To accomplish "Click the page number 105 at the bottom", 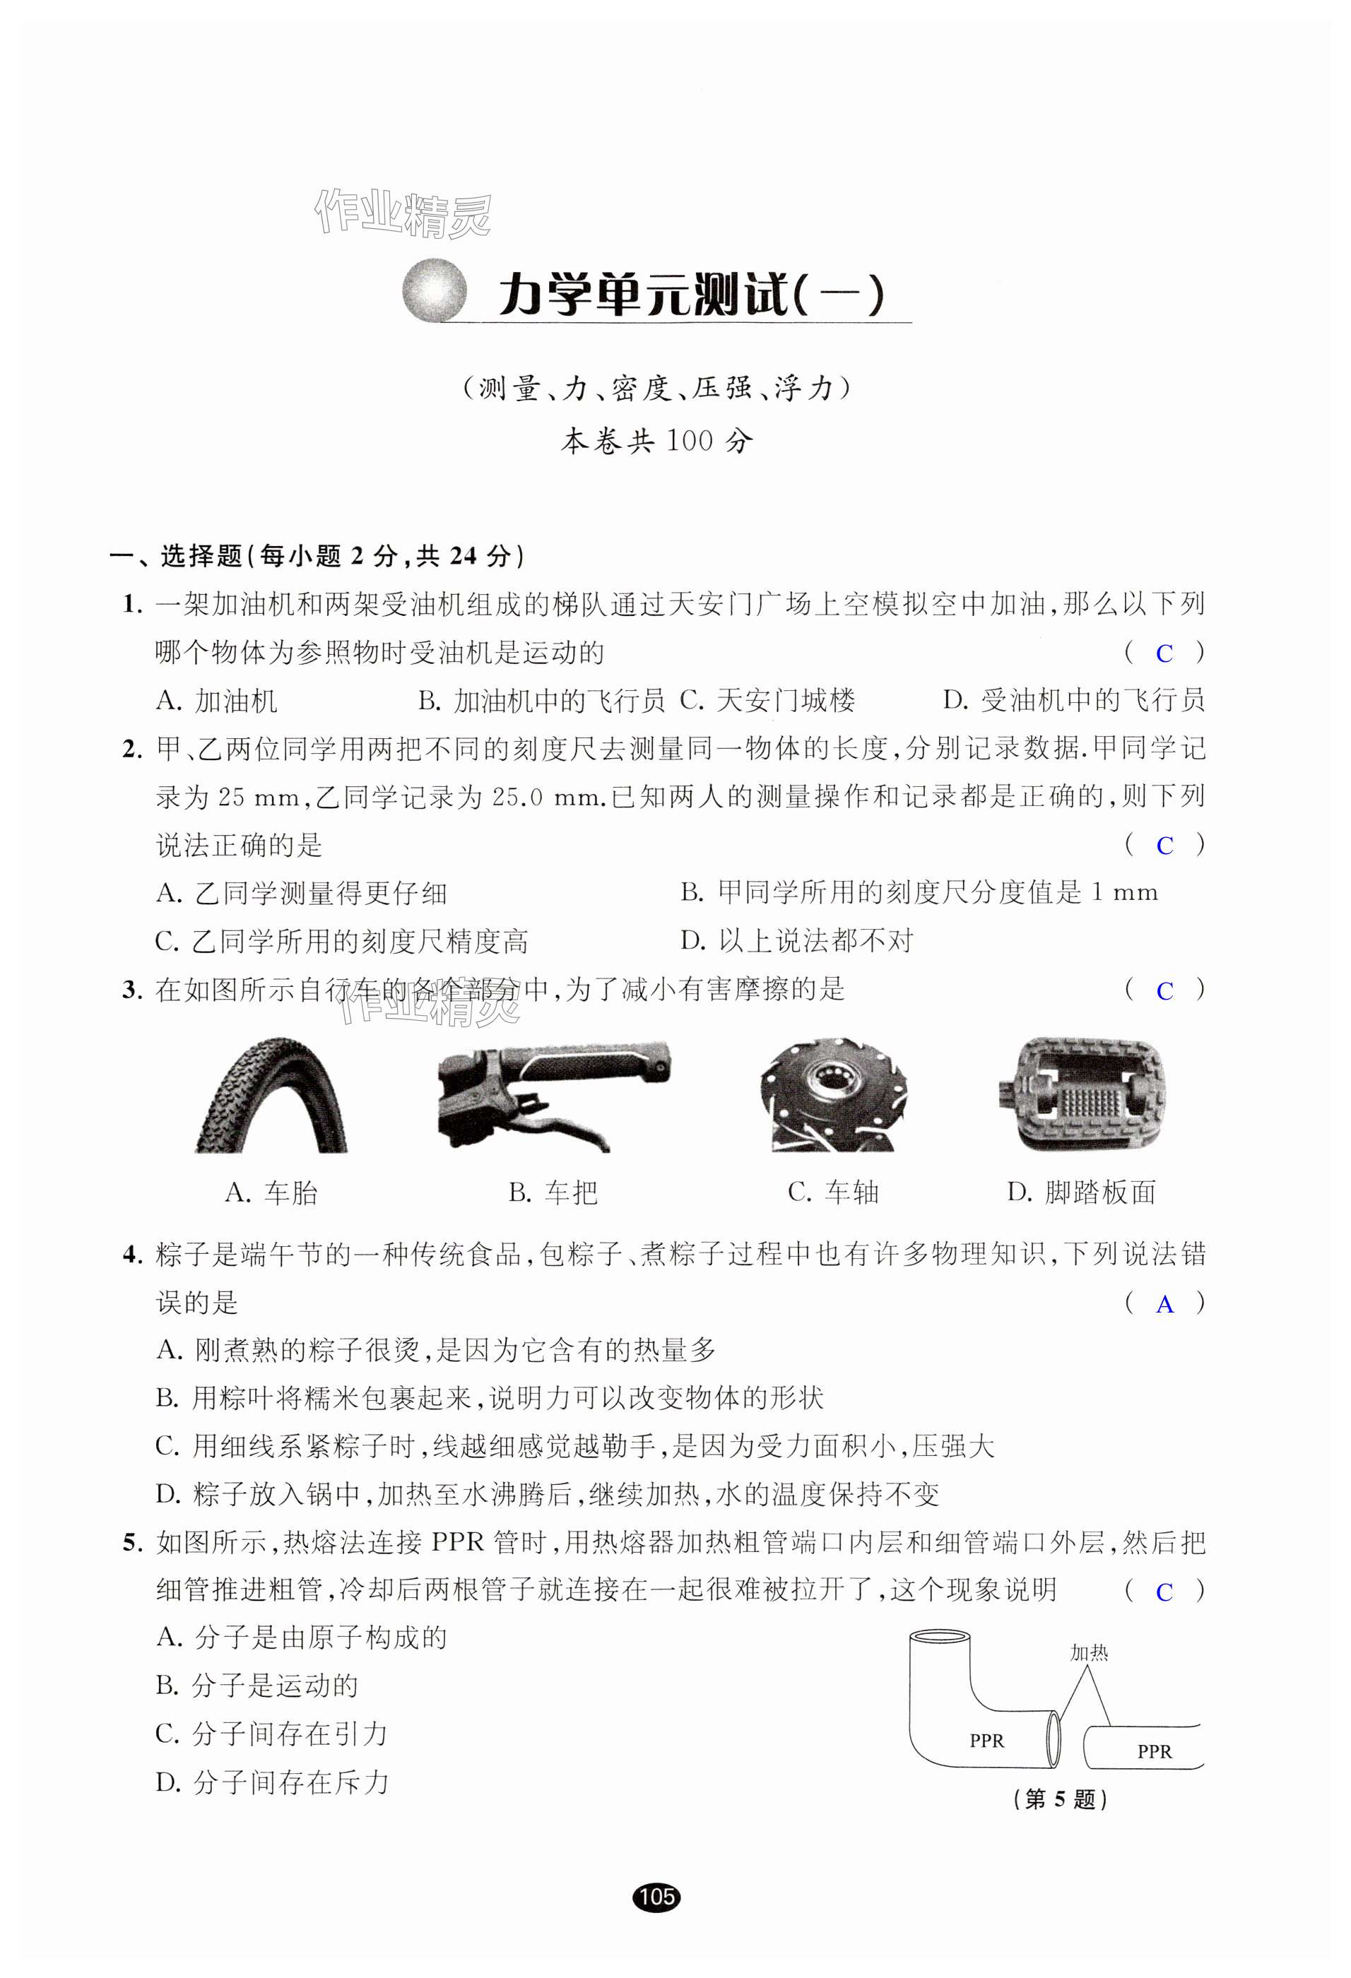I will click(657, 1896).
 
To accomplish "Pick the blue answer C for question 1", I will click(1164, 653).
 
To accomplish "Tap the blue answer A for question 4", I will click(1164, 1305).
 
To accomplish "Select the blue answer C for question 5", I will click(1164, 1592).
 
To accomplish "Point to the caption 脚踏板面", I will click(1081, 1192).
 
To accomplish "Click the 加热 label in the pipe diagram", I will click(1089, 1653).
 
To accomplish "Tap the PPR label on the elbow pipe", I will click(986, 1741).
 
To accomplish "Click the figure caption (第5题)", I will click(1060, 1799).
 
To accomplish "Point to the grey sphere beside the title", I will click(435, 290).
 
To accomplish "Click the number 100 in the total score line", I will click(689, 441).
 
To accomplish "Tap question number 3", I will click(131, 990).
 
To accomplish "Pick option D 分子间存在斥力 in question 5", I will click(273, 1782).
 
